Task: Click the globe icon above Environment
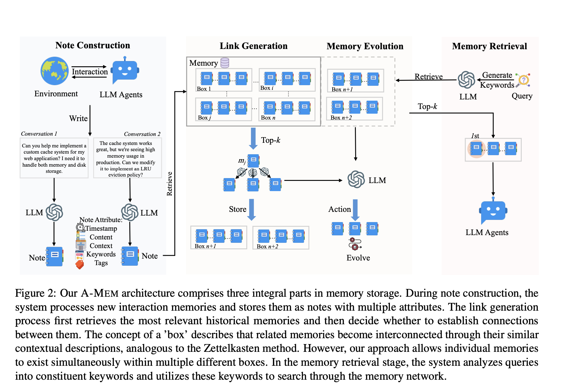(55, 71)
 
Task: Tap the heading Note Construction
(93, 46)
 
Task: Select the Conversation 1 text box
(54, 158)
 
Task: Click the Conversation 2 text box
(127, 158)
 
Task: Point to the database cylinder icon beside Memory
(225, 63)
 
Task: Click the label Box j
(204, 118)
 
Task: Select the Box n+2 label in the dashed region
(341, 118)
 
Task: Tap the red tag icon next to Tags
(80, 264)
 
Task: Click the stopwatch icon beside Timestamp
(80, 228)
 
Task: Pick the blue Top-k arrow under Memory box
(253, 138)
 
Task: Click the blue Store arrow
(252, 210)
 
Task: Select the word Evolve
(358, 258)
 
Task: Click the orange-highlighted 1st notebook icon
(476, 149)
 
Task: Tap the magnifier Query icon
(523, 80)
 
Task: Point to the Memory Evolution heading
(365, 46)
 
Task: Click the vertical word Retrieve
(170, 184)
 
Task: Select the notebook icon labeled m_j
(253, 160)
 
